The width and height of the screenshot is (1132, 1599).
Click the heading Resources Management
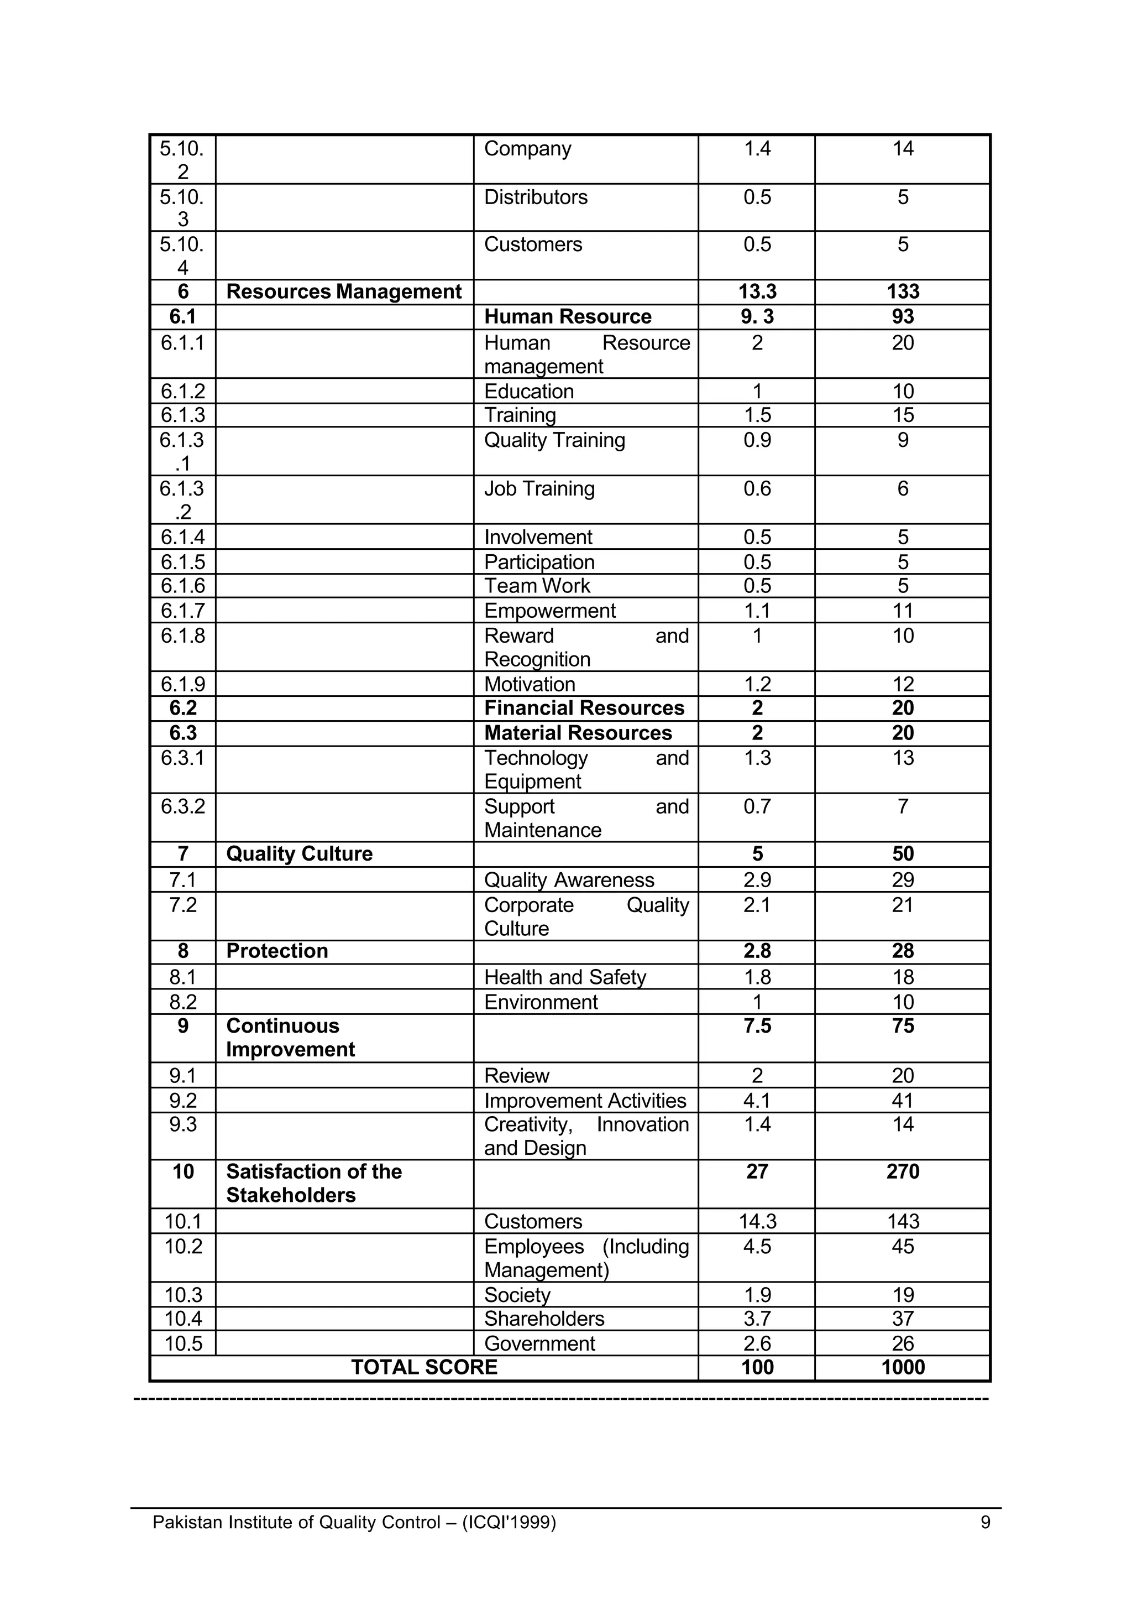pos(344,291)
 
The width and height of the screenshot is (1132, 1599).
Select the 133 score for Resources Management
pos(903,291)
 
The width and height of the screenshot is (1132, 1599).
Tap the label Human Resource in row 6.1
pos(568,316)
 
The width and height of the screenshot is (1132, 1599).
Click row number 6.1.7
pos(182,610)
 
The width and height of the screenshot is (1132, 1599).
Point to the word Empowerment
pos(549,610)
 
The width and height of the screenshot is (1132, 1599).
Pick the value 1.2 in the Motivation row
pos(757,684)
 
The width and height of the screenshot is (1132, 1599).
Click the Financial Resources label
pos(584,708)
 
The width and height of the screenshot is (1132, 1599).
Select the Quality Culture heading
pos(299,853)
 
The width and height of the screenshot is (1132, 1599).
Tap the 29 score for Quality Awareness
pos(903,880)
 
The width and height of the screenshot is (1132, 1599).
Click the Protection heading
pos(277,951)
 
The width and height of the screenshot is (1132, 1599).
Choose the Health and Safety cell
pos(564,977)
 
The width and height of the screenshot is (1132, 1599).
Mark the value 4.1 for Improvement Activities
pos(757,1101)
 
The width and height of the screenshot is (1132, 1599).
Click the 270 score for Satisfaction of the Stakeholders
pos(903,1171)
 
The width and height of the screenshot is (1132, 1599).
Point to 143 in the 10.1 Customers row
pos(903,1221)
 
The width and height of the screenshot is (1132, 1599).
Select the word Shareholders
pos(544,1319)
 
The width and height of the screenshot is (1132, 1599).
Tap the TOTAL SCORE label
pos(424,1367)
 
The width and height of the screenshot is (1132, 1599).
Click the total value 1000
pos(903,1367)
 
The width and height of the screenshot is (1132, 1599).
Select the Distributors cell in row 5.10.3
pos(536,197)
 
